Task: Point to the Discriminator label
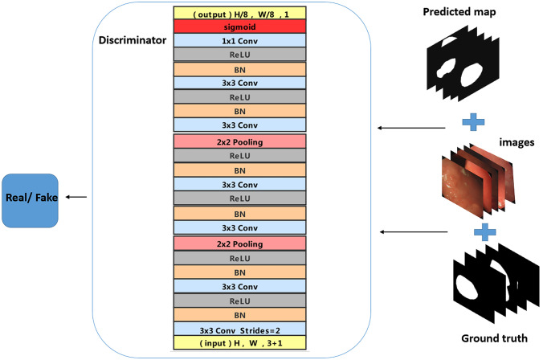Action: point(132,39)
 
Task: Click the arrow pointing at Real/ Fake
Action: point(78,197)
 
